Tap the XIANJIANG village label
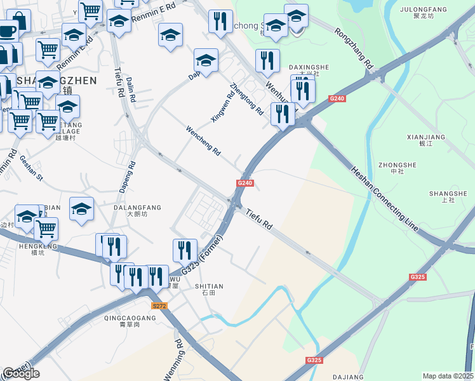pyautogui.click(x=425, y=137)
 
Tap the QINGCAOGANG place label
pyautogui.click(x=130, y=317)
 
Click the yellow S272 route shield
pyautogui.click(x=161, y=306)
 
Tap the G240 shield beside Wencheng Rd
pyautogui.click(x=245, y=184)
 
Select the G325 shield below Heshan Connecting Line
pyautogui.click(x=417, y=277)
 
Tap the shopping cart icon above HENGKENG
pyautogui.click(x=46, y=228)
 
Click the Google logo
pyautogui.click(x=21, y=373)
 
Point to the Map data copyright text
pyautogui.click(x=448, y=376)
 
